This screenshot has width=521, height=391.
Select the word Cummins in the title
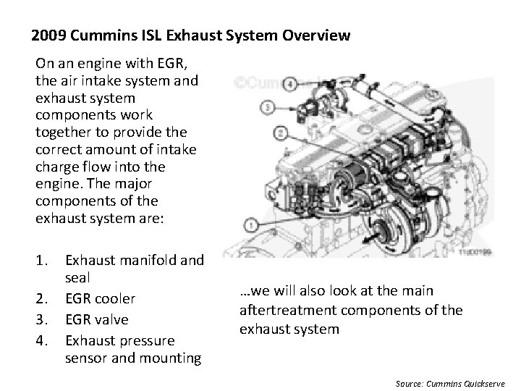click(98, 35)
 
